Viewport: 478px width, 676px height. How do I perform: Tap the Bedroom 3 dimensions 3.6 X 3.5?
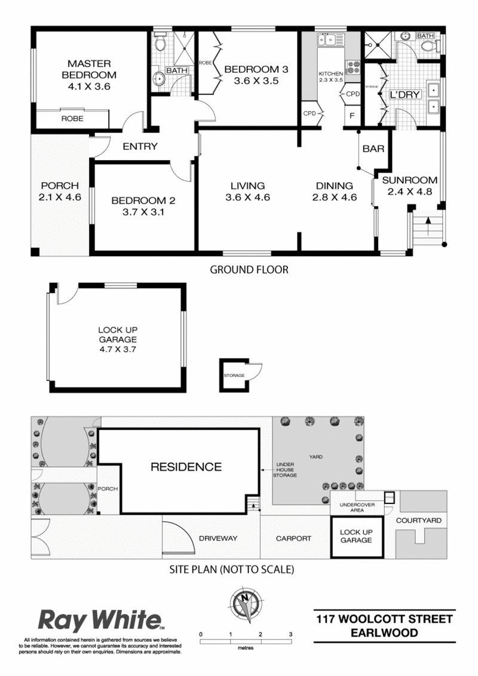(x=256, y=81)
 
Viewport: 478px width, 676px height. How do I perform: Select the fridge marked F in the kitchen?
(x=352, y=115)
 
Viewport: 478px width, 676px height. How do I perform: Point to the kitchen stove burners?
(x=354, y=67)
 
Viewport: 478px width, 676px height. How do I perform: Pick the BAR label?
(x=373, y=149)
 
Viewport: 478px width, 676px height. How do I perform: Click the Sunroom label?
(x=409, y=180)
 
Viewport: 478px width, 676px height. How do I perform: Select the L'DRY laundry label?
(x=405, y=94)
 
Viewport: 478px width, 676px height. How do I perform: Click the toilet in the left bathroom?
(x=160, y=42)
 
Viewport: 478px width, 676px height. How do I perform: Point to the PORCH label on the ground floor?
(x=60, y=186)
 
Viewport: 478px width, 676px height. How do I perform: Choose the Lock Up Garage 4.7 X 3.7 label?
(x=118, y=340)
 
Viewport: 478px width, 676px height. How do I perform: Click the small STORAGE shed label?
(x=234, y=376)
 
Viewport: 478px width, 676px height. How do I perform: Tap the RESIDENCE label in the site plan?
(x=186, y=467)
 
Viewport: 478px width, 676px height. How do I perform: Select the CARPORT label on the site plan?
(x=293, y=539)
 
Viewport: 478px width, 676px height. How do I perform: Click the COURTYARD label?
(x=418, y=520)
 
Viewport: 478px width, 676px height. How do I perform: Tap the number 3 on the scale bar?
(x=291, y=634)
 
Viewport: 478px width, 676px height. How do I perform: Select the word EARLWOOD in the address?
(x=384, y=633)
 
